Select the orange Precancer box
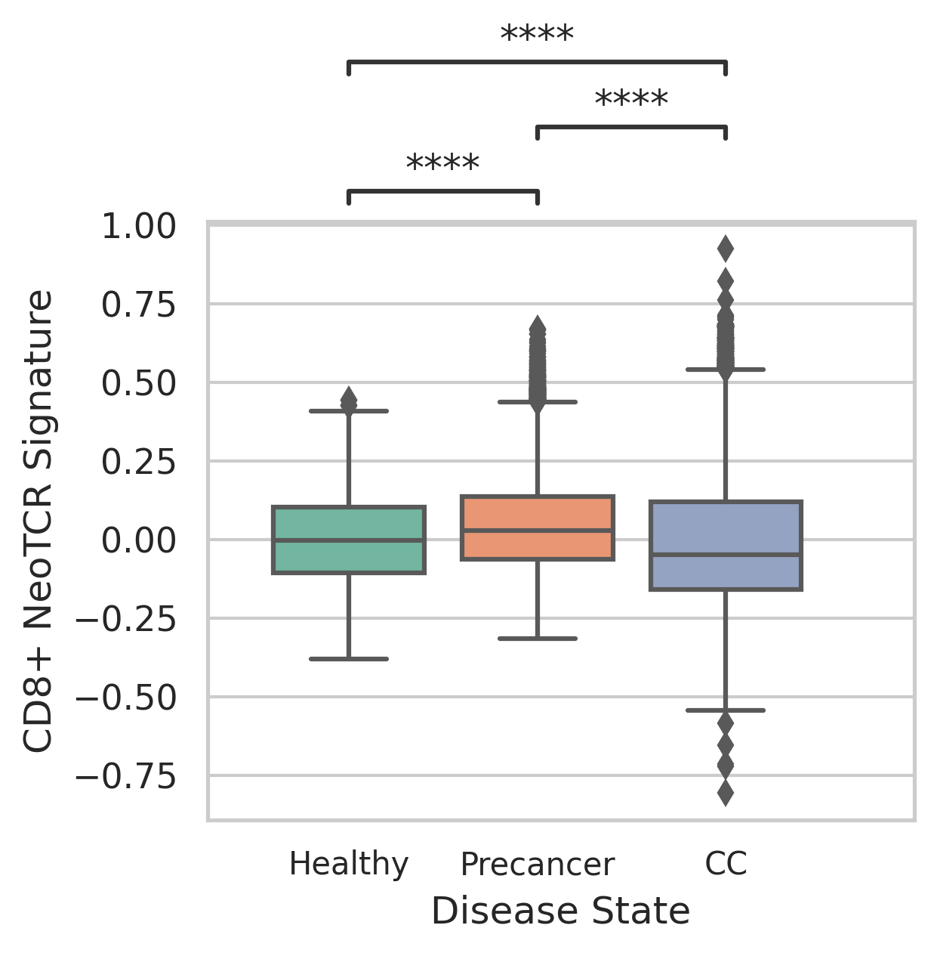click(537, 514)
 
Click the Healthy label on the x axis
click(349, 864)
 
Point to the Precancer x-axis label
click(537, 865)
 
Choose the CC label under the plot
click(726, 864)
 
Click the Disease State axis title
click(560, 911)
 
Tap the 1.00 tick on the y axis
click(139, 227)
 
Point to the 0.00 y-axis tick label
click(139, 540)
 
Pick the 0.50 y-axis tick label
click(139, 384)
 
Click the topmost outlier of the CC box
click(726, 248)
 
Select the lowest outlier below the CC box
click(726, 794)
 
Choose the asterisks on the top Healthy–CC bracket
click(537, 36)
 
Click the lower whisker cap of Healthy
click(349, 659)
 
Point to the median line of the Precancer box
click(537, 531)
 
